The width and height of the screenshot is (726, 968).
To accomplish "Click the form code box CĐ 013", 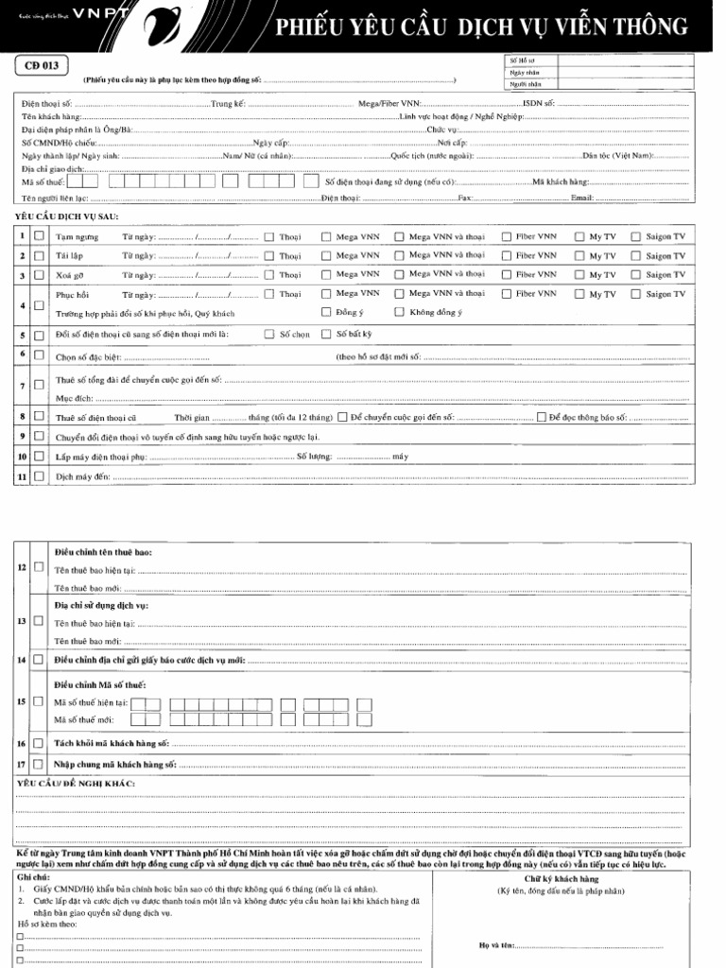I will coord(41,65).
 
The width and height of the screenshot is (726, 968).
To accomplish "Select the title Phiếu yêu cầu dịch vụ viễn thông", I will coord(481,28).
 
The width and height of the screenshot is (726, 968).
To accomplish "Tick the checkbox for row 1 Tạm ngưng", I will coord(39,236).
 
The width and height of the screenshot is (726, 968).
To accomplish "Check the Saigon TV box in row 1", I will coord(636,236).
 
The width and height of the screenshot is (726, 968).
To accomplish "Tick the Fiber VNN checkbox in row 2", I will coord(506,255).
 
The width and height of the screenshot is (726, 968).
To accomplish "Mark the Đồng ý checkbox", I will coord(327,312).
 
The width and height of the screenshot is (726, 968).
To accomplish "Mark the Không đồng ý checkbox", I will coord(400,312).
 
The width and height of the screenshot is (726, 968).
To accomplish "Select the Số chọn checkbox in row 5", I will coord(269,334).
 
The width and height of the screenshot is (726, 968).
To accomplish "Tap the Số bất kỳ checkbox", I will coord(327,334).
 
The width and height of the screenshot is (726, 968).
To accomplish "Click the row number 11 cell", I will coord(21,477).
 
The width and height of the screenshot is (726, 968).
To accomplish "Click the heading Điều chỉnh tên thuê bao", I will coord(102,551).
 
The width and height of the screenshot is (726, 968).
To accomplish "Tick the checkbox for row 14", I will coord(39,659).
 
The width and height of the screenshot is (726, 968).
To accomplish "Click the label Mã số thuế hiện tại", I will coord(91,702).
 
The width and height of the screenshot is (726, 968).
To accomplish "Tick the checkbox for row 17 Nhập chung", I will coord(39,763).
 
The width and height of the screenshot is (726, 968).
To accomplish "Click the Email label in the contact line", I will coord(581,199).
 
